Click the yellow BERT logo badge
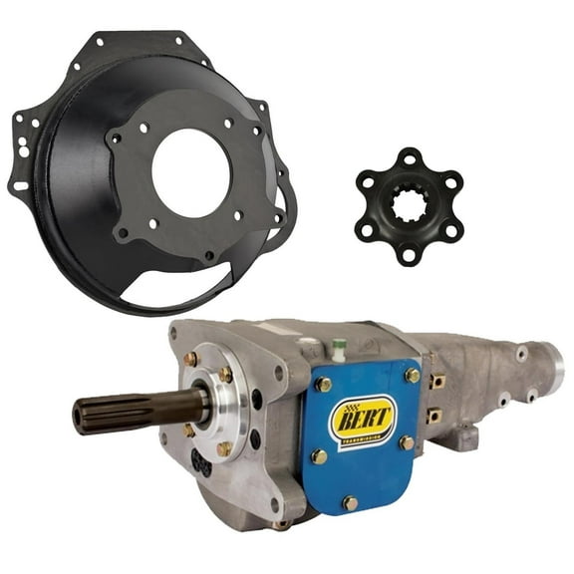click(362, 417)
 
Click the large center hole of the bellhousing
click(191, 171)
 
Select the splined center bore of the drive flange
click(409, 206)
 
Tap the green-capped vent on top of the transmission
click(339, 346)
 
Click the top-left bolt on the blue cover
click(321, 385)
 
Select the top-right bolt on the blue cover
click(412, 375)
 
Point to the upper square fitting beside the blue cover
click(436, 381)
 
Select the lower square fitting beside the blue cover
click(434, 416)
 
